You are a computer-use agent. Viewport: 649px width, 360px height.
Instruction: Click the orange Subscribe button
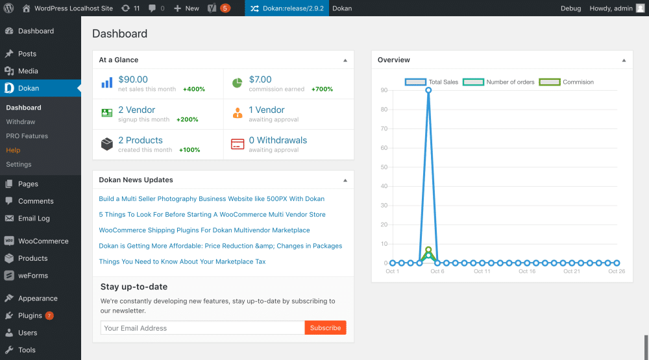point(325,328)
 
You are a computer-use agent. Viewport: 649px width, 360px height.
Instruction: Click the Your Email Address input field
point(202,328)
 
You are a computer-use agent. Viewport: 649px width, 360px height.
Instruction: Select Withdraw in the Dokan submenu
point(21,122)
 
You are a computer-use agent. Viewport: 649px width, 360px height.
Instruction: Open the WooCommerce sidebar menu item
point(43,241)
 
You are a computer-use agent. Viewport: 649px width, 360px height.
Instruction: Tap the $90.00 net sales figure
point(133,80)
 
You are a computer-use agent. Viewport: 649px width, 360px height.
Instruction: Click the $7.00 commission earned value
point(260,80)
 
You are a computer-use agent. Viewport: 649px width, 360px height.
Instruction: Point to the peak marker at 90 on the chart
point(428,90)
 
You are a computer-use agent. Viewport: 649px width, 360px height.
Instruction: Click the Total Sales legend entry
point(432,82)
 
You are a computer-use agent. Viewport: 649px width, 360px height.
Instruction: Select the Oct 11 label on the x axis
point(482,272)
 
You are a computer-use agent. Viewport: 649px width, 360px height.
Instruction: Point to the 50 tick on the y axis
point(384,167)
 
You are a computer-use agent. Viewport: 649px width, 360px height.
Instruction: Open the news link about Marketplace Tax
point(182,262)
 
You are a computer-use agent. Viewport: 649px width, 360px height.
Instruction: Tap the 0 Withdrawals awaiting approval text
point(278,140)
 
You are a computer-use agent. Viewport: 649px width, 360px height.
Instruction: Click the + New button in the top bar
point(187,8)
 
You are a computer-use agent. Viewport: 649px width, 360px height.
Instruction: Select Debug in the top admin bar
point(570,8)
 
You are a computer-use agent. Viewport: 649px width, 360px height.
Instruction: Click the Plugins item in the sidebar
point(30,316)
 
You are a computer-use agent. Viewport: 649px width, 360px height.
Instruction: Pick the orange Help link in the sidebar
point(13,150)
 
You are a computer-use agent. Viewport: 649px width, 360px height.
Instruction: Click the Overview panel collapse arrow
point(624,60)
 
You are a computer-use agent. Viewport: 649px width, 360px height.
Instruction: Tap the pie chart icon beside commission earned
point(237,83)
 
